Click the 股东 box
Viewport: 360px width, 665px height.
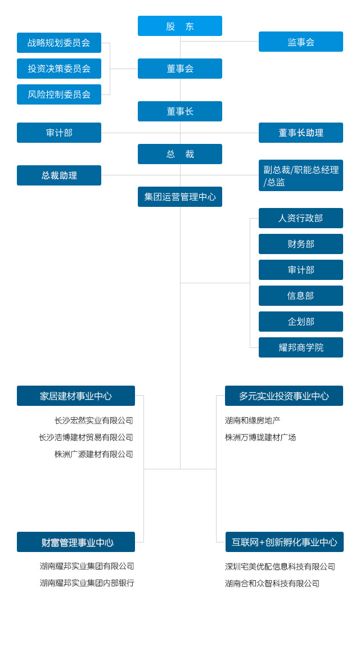(x=180, y=26)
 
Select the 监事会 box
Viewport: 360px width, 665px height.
(x=301, y=42)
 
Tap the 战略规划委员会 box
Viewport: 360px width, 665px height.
(x=59, y=43)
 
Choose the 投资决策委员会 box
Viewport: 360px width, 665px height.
(x=59, y=69)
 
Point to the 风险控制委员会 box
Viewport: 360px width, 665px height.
(x=59, y=94)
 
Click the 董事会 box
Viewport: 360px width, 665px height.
(x=180, y=69)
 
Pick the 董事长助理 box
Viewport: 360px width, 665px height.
(x=301, y=133)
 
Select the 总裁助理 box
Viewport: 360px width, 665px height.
(x=59, y=175)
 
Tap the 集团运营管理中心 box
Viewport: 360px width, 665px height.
(x=180, y=197)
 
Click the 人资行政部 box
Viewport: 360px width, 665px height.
(x=301, y=218)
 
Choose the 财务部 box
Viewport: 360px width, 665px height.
(x=301, y=244)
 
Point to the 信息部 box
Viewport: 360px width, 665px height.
(x=301, y=296)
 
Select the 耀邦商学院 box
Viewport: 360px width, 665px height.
(x=301, y=347)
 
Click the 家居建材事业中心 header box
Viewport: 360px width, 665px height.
(x=76, y=396)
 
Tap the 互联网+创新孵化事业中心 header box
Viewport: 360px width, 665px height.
(x=285, y=542)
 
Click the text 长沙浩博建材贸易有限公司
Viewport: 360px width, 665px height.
(x=86, y=437)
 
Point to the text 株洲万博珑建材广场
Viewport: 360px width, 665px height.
(x=260, y=437)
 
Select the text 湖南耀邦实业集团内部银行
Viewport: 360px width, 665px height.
(x=87, y=583)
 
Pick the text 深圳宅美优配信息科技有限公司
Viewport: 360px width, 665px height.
(x=280, y=567)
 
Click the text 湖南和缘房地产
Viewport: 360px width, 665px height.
(x=253, y=420)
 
